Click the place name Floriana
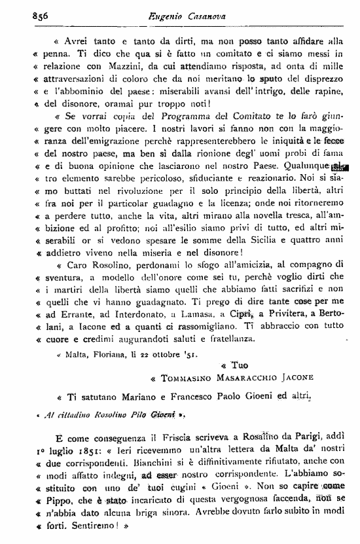coord(114,356)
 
